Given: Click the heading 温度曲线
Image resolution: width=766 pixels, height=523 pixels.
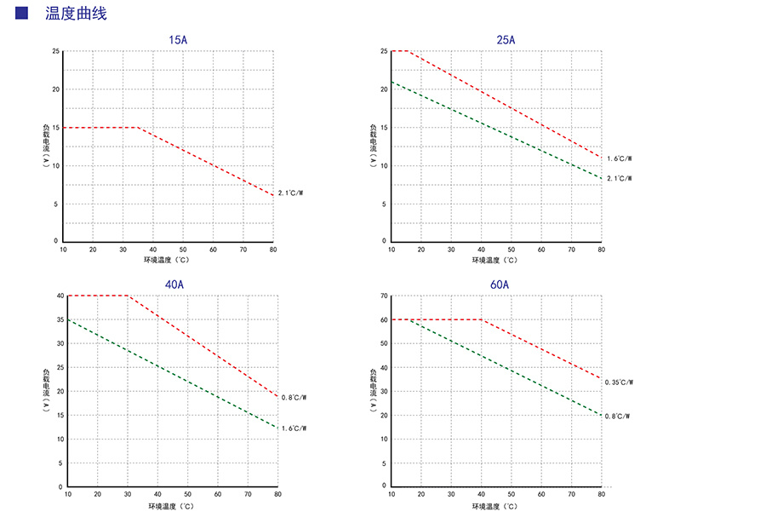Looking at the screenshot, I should point(76,14).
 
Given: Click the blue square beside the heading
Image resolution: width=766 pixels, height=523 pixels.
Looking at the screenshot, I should point(22,13).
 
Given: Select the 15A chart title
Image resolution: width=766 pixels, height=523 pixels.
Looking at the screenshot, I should point(178,40).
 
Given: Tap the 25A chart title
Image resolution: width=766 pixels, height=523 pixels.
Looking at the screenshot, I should point(506,40).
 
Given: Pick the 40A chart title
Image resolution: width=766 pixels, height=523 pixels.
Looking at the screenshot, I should point(174,284).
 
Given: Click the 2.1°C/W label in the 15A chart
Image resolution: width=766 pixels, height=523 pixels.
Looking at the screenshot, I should point(290,193).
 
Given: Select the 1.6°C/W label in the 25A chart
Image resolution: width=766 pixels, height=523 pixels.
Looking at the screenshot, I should point(619,158).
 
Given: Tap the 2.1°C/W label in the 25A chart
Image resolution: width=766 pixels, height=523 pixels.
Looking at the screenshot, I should point(619,179).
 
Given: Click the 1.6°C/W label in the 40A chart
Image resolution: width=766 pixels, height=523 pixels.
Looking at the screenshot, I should point(294,428).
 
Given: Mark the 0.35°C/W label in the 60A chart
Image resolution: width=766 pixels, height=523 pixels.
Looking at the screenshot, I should point(619,382).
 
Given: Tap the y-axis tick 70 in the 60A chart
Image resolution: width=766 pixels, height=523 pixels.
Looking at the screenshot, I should point(384,296).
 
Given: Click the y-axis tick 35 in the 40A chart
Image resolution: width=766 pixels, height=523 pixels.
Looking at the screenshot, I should point(60,319).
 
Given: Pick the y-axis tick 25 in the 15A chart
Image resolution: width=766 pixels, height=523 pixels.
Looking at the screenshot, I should point(55,51).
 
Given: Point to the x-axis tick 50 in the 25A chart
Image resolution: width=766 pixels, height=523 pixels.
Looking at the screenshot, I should point(511,250).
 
